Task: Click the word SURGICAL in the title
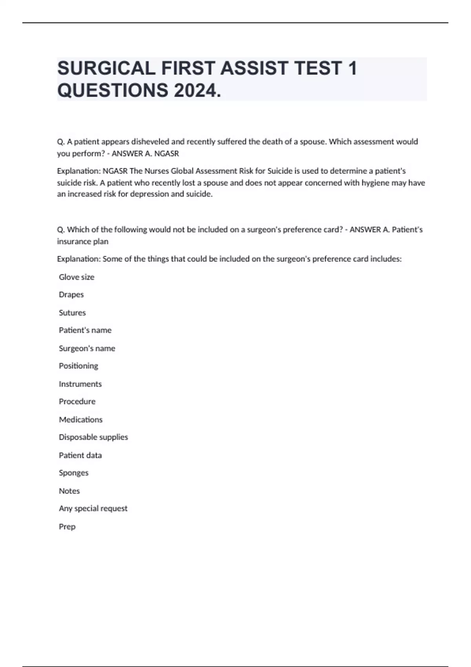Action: pos(106,68)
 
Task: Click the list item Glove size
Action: pos(77,277)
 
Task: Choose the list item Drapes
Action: pos(71,295)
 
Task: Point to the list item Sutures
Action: pos(72,313)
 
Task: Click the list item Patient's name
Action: pos(85,330)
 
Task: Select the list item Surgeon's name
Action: pos(87,348)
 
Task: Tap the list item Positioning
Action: pos(78,366)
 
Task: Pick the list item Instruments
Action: pos(80,384)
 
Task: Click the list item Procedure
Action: pos(77,401)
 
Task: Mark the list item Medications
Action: pos(80,419)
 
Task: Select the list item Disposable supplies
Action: pos(93,437)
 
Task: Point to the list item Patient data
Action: pos(80,455)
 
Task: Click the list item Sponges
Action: pos(73,473)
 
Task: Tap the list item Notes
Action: pos(69,491)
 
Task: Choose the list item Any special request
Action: pos(93,508)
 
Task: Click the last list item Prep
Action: pos(67,527)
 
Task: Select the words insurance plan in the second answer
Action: pos(82,242)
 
